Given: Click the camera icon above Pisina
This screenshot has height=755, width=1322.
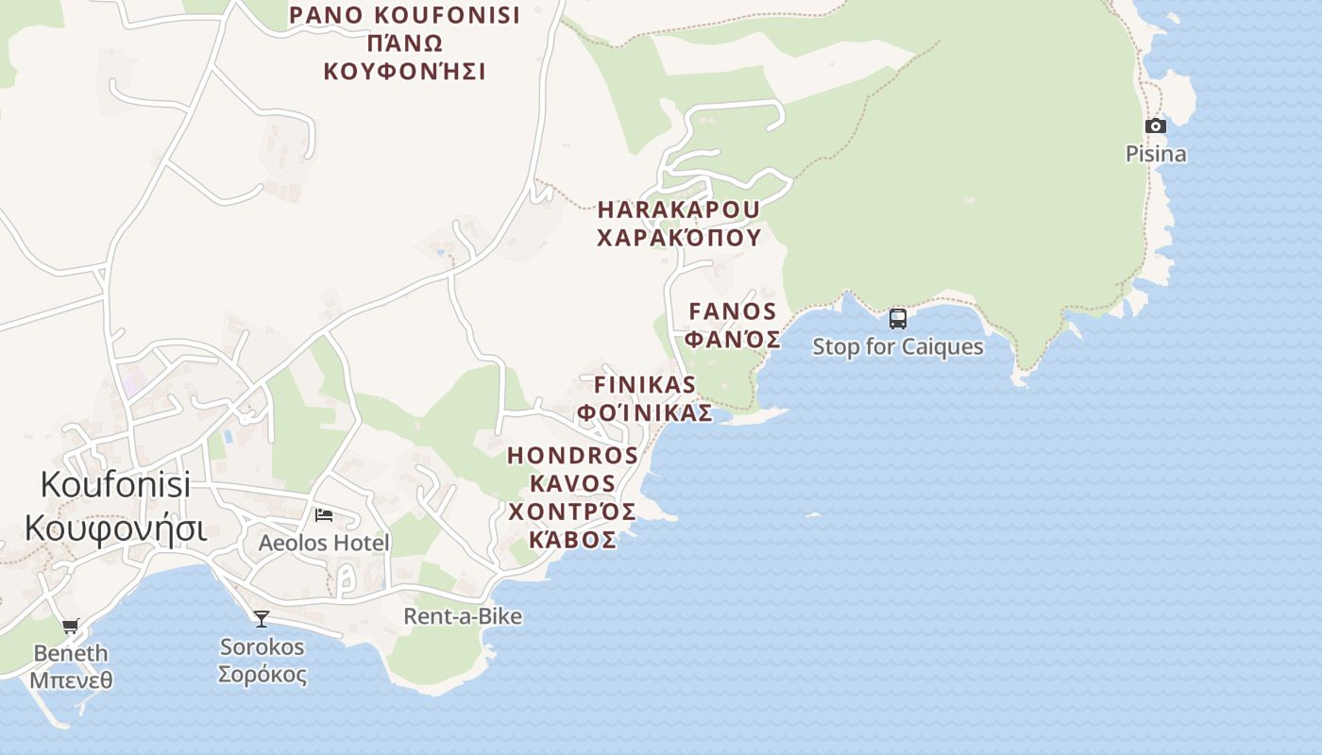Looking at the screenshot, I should [x=1155, y=126].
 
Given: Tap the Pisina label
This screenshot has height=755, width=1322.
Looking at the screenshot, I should [x=1156, y=154].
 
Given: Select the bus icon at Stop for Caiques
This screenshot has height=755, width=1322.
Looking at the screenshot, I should [x=898, y=319].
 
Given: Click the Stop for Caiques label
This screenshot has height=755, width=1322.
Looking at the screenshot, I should [x=898, y=347].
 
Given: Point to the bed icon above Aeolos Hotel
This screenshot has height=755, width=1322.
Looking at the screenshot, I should [x=324, y=515].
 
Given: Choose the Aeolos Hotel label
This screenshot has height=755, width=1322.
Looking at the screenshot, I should [x=324, y=544].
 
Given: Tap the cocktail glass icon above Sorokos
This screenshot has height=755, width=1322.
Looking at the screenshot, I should [x=262, y=619].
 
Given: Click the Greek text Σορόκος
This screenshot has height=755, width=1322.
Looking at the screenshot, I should [x=263, y=676].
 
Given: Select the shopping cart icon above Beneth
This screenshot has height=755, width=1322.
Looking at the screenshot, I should [x=71, y=626].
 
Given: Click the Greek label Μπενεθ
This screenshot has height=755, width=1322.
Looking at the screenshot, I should [x=71, y=679].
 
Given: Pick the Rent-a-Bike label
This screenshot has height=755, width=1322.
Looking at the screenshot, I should [x=463, y=616].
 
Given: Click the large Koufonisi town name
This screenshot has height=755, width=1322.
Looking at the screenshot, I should [x=115, y=485].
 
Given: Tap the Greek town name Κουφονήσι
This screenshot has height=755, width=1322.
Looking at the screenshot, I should [x=115, y=528].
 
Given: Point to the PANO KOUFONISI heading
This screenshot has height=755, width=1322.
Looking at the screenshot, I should [x=404, y=16].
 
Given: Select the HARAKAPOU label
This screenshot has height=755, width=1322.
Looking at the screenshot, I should [x=679, y=209].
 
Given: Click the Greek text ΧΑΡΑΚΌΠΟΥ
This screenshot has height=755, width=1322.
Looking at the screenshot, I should [x=679, y=237].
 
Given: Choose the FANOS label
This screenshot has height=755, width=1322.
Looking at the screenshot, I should [x=733, y=311].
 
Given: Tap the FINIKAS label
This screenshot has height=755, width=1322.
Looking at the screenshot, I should [x=645, y=385].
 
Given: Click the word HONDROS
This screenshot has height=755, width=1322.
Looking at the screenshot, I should [x=572, y=456].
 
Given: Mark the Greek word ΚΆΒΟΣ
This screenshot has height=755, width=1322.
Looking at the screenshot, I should [x=572, y=540].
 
